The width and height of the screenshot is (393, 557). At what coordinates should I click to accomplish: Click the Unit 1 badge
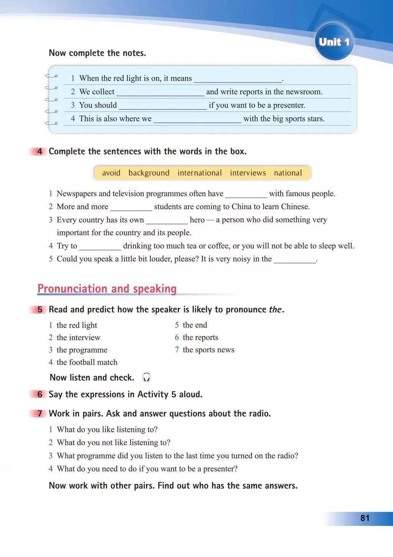(334, 42)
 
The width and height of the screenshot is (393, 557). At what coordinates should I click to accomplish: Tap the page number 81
(365, 518)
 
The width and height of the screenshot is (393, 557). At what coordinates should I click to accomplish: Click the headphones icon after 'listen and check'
(146, 377)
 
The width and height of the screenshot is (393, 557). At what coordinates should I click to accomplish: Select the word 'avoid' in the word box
(111, 173)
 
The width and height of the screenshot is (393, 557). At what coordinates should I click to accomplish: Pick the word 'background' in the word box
(149, 173)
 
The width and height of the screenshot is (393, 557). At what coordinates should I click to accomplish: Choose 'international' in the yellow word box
(200, 173)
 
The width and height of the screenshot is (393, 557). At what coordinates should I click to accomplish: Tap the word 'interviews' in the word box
(248, 173)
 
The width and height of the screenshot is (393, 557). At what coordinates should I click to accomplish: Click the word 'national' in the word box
(288, 173)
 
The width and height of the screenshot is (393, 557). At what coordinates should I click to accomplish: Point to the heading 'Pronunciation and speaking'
(107, 289)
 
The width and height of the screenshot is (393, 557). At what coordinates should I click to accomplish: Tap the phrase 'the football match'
(87, 362)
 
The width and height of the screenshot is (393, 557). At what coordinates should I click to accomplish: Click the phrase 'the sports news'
(208, 350)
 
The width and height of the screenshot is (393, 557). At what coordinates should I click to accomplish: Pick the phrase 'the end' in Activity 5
(195, 325)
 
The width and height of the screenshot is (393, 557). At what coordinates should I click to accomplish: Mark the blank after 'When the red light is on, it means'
(238, 79)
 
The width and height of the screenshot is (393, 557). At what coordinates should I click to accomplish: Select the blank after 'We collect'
(160, 93)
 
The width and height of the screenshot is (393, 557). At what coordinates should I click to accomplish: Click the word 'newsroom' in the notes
(305, 91)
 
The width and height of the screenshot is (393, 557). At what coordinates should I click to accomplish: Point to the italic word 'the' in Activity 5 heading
(275, 310)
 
